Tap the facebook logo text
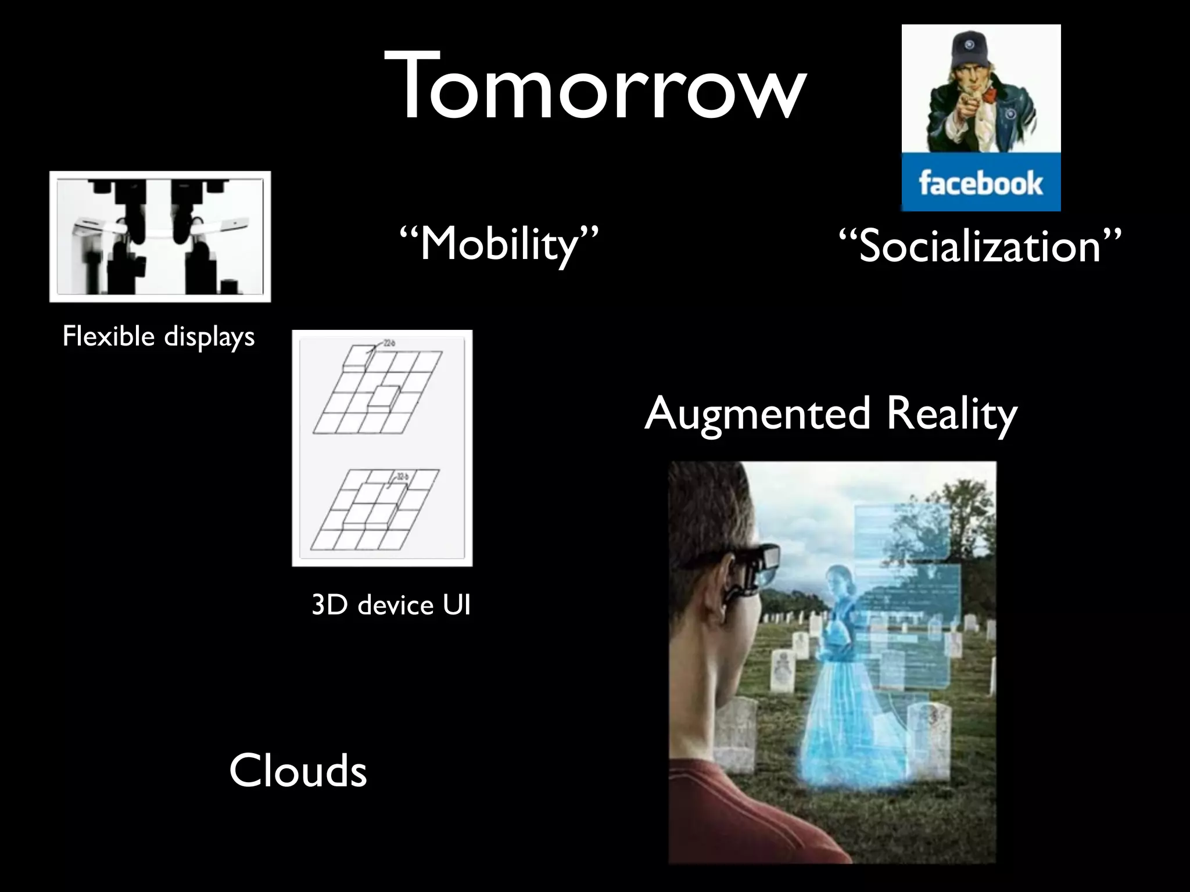point(980,184)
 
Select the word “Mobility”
point(499,244)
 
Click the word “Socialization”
point(980,246)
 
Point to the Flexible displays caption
point(158,336)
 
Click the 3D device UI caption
point(390,605)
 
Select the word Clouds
point(297,771)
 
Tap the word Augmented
point(757,413)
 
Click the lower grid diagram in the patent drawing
point(375,511)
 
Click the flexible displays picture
point(160,236)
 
